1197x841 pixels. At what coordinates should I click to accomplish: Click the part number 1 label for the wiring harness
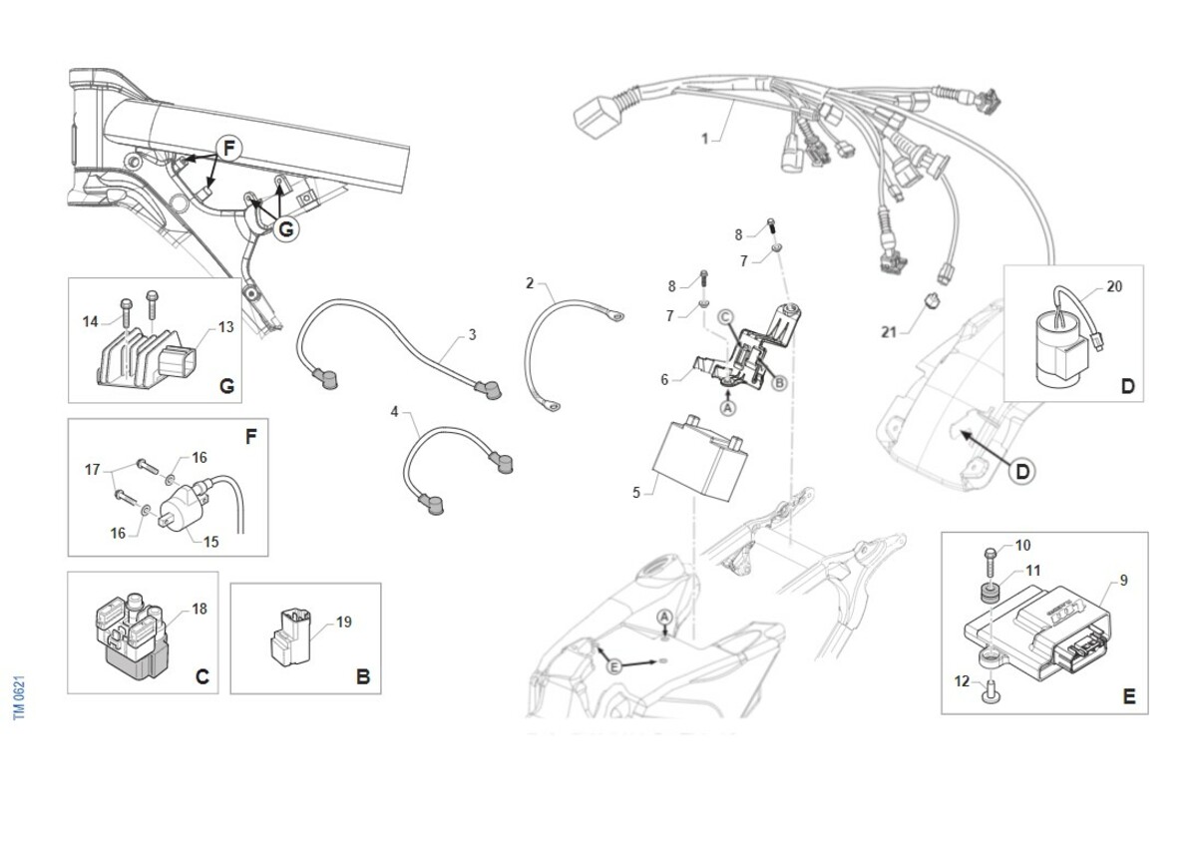pyautogui.click(x=704, y=140)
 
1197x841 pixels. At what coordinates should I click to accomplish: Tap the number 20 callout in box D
pyautogui.click(x=1114, y=287)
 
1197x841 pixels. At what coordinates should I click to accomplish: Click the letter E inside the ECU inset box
pyautogui.click(x=1128, y=696)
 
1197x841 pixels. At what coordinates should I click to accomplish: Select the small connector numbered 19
pyautogui.click(x=290, y=636)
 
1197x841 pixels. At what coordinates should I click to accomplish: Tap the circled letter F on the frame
pyautogui.click(x=228, y=150)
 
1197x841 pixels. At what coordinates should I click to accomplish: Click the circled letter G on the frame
pyautogui.click(x=285, y=228)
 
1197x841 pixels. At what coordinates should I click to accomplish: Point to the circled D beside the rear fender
pyautogui.click(x=1023, y=471)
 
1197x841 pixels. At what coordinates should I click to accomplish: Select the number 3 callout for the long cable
pyautogui.click(x=472, y=335)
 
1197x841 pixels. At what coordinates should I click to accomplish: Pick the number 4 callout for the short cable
pyautogui.click(x=394, y=411)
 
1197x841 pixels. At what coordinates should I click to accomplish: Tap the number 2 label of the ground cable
pyautogui.click(x=530, y=283)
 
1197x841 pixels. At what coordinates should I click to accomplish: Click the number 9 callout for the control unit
pyautogui.click(x=1123, y=580)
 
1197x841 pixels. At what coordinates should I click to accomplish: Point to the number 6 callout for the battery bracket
pyautogui.click(x=664, y=379)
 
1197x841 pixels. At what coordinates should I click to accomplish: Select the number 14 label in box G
pyautogui.click(x=90, y=320)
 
